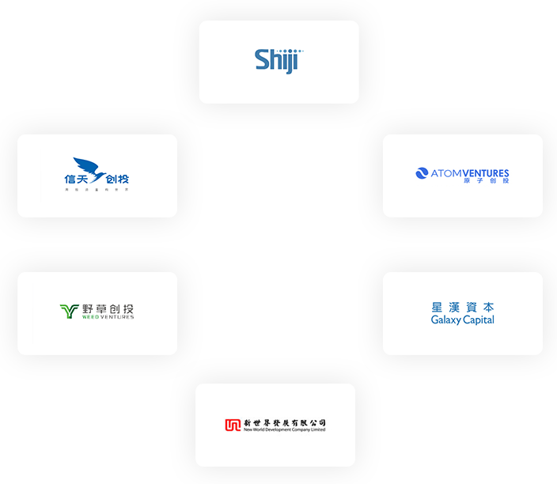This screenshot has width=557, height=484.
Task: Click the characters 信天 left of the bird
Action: [x=76, y=179]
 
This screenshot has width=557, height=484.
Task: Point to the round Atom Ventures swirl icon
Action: [x=422, y=173]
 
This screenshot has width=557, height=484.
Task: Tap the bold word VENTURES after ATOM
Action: [x=483, y=173]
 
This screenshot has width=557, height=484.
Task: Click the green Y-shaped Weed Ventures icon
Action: [x=70, y=311]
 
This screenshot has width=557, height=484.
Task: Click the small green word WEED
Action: [x=90, y=317]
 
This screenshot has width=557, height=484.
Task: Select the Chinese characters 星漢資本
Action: [x=463, y=307]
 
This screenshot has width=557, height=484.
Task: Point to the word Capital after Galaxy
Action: [x=479, y=320]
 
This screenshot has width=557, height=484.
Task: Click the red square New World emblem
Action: [x=232, y=425]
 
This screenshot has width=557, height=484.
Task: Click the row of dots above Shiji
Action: [x=284, y=51]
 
